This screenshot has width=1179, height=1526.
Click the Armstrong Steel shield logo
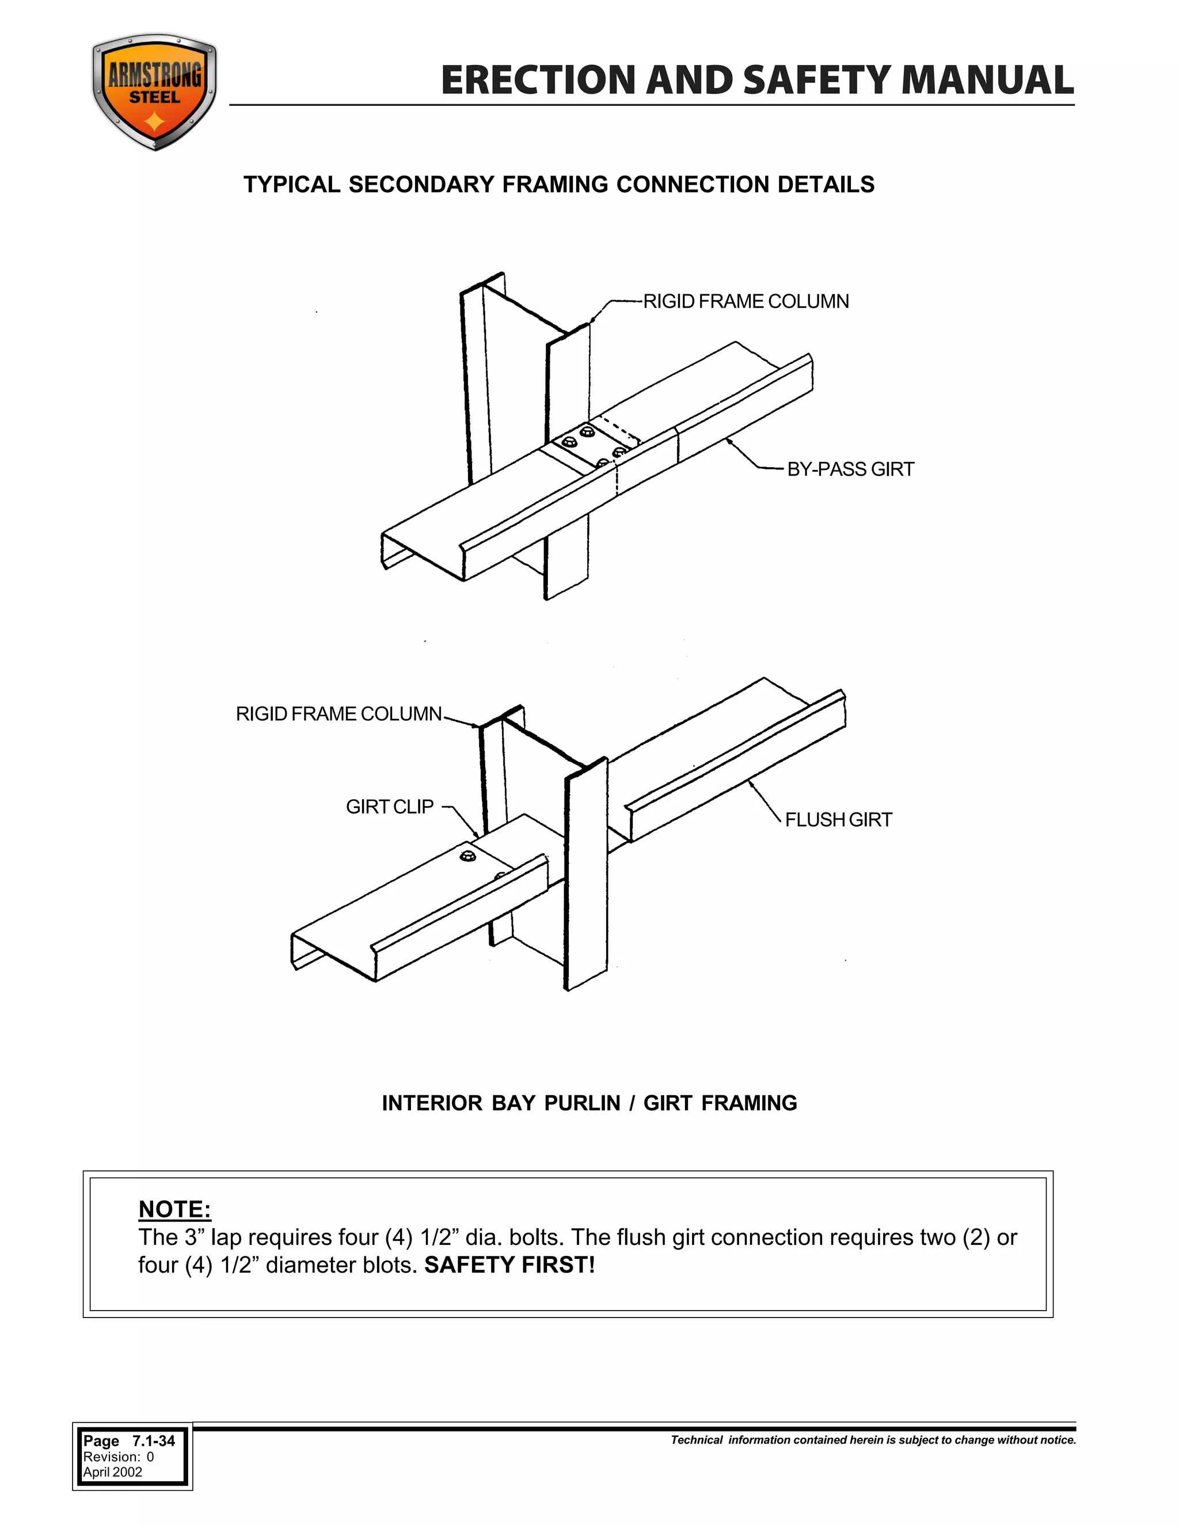154,93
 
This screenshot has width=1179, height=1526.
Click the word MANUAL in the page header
987,81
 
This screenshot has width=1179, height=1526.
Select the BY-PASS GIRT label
850,469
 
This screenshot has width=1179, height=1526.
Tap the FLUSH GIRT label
838,819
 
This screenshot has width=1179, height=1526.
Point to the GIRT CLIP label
390,807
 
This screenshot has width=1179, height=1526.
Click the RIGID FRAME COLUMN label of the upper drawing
746,302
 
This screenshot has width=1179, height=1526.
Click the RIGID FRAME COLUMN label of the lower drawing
339,714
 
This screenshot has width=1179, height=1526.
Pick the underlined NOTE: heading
174,1209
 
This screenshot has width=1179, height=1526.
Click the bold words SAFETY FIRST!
509,1265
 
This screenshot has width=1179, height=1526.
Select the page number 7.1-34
154,1441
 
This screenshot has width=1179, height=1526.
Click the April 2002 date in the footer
112,1472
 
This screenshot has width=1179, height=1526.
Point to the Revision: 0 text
118,1457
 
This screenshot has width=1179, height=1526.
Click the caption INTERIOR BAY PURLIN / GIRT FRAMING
589,1103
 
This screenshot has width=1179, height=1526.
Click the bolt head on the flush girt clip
467,857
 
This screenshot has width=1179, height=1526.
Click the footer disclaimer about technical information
873,1440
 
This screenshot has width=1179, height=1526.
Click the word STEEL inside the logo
154,98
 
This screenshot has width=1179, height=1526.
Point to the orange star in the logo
154,124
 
